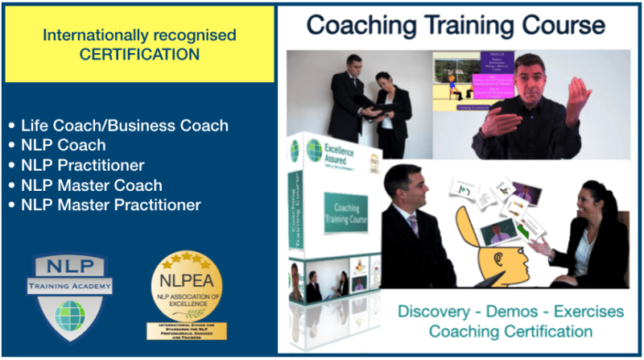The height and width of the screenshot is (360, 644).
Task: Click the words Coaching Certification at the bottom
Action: point(510,331)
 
